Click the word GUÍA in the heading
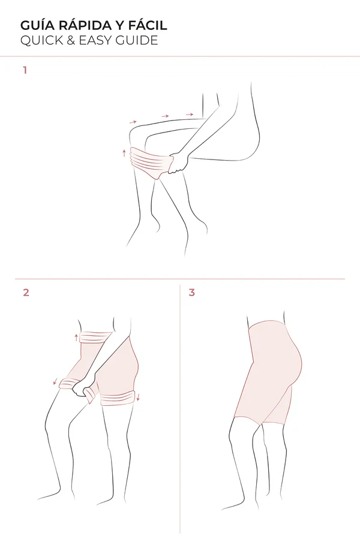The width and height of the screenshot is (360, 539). [37, 25]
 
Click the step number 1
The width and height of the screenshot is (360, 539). [25, 70]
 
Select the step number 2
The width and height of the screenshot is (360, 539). [26, 293]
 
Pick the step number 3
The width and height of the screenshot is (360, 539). [192, 293]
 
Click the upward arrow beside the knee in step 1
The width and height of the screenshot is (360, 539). [124, 153]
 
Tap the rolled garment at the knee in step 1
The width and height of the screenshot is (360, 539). [151, 162]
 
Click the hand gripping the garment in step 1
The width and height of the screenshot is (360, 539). [179, 163]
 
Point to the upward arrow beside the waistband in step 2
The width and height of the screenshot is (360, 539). [76, 337]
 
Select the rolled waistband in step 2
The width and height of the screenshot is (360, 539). [96, 337]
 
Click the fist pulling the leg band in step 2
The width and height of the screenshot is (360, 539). [83, 390]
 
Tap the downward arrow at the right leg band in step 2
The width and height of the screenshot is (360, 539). [139, 398]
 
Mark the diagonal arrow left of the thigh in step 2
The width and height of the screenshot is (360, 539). [55, 381]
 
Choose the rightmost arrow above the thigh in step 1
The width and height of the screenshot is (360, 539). [189, 114]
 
